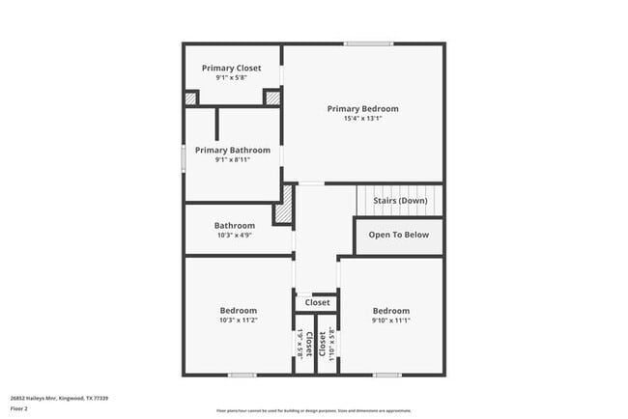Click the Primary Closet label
point(231,68)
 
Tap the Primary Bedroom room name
point(362,109)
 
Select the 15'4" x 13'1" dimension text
point(362,119)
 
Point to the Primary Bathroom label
point(232,150)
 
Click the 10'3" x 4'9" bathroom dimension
point(234,235)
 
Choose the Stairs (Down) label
point(400,201)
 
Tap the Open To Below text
point(399,235)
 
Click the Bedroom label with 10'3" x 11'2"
point(238,310)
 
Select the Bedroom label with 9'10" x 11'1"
point(391,310)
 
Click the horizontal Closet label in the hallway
point(317,302)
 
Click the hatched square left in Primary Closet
point(191,98)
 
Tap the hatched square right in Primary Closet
point(272,98)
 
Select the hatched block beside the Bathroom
point(283,205)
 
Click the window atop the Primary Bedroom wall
point(368,43)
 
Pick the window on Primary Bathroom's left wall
point(184,158)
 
